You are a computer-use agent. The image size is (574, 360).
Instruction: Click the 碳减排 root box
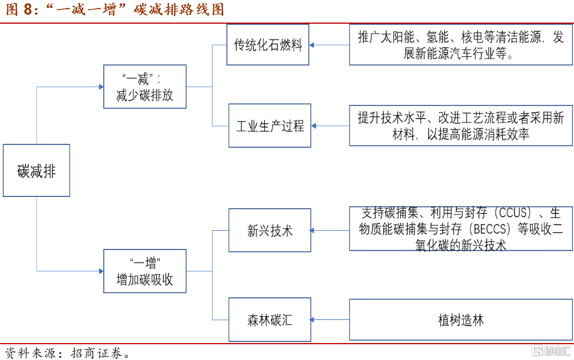[x=36, y=170]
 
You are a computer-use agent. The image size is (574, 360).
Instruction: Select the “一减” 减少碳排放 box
[x=144, y=86]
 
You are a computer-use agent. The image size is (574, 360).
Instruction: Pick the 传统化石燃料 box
[x=268, y=45]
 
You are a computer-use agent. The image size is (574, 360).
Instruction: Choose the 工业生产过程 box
[x=270, y=125]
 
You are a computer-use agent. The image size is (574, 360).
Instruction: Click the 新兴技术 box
[x=270, y=230]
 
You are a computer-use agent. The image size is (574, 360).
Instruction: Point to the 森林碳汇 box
[x=270, y=320]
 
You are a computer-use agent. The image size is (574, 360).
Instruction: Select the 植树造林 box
[x=461, y=320]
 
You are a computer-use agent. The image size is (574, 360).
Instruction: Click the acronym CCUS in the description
[x=514, y=213]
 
